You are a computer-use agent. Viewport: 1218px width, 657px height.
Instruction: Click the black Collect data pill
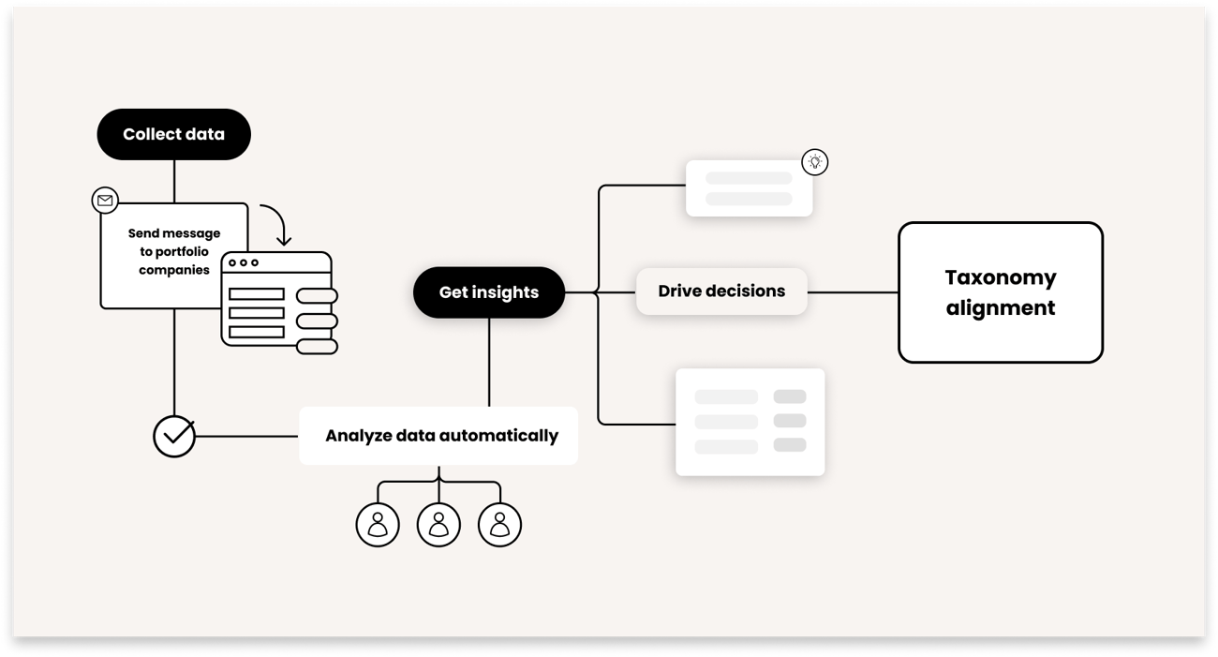[173, 134]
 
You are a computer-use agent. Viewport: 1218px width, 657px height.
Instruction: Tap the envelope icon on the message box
[105, 201]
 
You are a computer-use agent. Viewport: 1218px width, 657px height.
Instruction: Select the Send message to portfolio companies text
[174, 251]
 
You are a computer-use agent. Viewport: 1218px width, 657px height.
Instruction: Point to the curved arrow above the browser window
[276, 223]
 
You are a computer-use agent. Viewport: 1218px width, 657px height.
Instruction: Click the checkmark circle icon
[174, 436]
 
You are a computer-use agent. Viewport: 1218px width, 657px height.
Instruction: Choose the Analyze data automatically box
[438, 436]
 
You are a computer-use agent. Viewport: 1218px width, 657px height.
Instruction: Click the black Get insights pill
[488, 292]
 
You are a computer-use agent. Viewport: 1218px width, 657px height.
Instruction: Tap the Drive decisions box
[720, 291]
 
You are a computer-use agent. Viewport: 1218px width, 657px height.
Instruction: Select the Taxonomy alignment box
[1000, 292]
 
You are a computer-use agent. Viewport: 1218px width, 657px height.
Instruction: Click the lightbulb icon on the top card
[815, 162]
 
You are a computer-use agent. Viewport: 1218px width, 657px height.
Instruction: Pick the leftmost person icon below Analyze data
[378, 525]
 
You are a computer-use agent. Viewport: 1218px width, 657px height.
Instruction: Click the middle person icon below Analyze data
[438, 525]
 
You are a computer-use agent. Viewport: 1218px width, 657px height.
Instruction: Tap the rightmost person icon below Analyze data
[499, 525]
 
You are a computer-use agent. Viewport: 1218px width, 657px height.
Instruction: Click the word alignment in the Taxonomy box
[1000, 308]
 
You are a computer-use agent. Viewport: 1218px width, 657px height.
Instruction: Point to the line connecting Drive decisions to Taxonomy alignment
[853, 292]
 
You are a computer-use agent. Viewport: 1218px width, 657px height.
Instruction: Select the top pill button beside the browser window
[317, 296]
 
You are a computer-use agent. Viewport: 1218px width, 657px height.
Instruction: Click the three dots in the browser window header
[244, 262]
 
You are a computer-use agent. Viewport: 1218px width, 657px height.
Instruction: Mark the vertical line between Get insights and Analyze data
[489, 362]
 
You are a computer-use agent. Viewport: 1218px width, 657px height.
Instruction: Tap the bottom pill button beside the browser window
[317, 347]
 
